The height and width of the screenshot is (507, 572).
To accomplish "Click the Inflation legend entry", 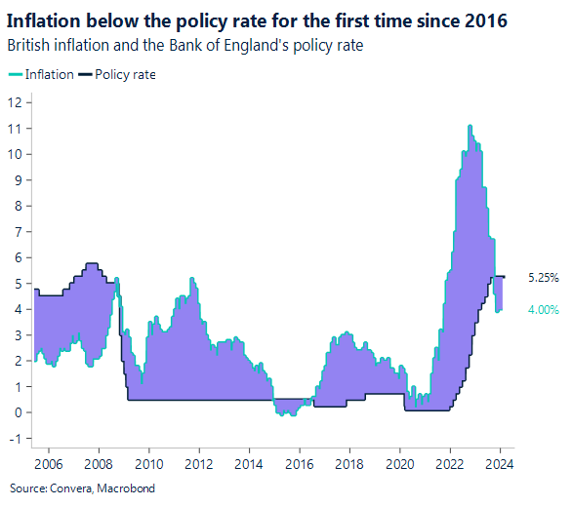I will coord(45,74).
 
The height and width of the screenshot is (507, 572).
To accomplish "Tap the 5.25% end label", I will coord(543,277).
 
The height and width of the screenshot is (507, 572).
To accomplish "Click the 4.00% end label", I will coord(543,309).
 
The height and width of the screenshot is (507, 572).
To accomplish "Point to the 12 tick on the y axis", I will coord(15,102).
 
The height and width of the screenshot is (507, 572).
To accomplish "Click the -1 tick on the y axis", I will coord(15,438).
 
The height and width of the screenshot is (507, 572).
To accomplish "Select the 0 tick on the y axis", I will coord(18,412).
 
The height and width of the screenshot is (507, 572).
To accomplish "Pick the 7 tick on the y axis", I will coord(18,231).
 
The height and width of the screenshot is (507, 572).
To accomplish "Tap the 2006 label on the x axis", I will coord(49,463).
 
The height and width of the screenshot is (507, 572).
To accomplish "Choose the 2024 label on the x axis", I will coord(501,463).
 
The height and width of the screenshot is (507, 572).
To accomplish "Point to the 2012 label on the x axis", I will coord(199,463).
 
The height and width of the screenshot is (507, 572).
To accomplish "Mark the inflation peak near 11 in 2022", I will coord(470,126).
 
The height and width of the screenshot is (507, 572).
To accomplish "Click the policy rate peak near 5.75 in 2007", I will coord(92,263).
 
